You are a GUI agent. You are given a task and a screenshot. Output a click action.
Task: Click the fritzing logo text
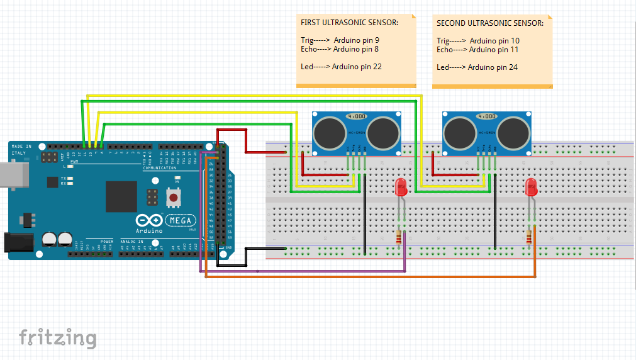57,337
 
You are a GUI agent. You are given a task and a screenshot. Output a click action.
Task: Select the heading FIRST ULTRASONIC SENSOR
349,23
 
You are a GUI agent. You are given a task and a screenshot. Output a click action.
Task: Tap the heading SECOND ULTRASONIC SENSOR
490,23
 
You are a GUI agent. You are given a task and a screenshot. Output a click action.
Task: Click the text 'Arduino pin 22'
357,67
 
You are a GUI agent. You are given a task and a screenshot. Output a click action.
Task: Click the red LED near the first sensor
401,188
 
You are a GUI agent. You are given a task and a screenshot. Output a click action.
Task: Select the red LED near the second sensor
531,188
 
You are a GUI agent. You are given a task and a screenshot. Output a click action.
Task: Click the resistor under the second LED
529,237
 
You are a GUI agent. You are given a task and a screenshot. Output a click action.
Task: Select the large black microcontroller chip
121,196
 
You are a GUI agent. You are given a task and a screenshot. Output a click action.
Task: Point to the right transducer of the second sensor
513,132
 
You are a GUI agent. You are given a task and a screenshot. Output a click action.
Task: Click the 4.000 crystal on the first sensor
356,116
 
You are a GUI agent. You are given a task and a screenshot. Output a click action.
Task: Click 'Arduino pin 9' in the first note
356,40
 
